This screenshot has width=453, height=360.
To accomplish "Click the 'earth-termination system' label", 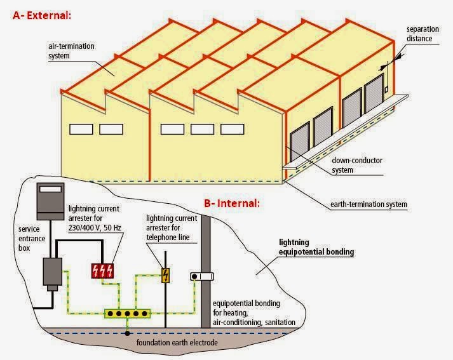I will (x=369, y=204).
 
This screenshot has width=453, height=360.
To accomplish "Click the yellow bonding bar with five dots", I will (x=128, y=313).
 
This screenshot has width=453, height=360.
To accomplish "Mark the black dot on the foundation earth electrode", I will (x=128, y=331).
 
